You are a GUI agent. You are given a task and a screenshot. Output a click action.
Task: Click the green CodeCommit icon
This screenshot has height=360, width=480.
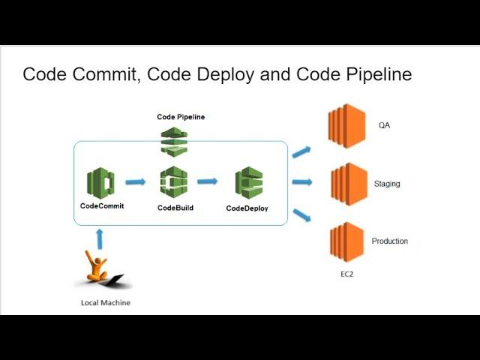pyautogui.click(x=100, y=182)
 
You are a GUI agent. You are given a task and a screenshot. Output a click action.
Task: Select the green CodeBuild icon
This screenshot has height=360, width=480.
pyautogui.click(x=174, y=182)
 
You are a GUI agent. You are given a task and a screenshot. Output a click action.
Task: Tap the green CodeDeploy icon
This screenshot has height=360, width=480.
pyautogui.click(x=248, y=183)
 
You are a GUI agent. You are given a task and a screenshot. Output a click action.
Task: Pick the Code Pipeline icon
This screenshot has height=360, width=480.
pyautogui.click(x=174, y=141)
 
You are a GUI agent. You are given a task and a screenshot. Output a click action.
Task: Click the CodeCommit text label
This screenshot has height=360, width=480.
pyautogui.click(x=102, y=205)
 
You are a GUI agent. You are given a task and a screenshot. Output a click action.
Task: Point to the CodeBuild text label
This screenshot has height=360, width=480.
pyautogui.click(x=175, y=207)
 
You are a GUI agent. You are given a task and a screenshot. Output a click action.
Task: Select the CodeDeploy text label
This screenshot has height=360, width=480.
pyautogui.click(x=247, y=208)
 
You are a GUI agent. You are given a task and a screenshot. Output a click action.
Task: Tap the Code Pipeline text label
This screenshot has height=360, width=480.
pyautogui.click(x=181, y=117)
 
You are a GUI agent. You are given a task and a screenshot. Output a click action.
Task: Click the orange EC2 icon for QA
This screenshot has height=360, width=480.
pyautogui.click(x=346, y=126)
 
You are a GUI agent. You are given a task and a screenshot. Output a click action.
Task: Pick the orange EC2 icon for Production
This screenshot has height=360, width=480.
pyautogui.click(x=346, y=241)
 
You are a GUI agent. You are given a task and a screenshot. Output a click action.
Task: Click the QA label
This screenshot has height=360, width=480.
pyautogui.click(x=384, y=125)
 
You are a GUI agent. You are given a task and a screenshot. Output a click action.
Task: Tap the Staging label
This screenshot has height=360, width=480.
pyautogui.click(x=387, y=183)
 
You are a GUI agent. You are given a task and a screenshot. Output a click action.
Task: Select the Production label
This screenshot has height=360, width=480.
pyautogui.click(x=390, y=241)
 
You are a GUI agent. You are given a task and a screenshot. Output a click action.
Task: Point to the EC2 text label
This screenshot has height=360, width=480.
pyautogui.click(x=346, y=274)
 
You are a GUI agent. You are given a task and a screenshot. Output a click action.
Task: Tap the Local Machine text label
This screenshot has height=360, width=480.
pyautogui.click(x=106, y=302)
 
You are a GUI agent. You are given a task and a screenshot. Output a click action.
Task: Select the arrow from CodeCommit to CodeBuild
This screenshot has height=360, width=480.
pyautogui.click(x=136, y=181)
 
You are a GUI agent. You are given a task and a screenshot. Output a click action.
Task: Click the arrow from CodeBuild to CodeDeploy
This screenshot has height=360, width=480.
pyautogui.click(x=207, y=181)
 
